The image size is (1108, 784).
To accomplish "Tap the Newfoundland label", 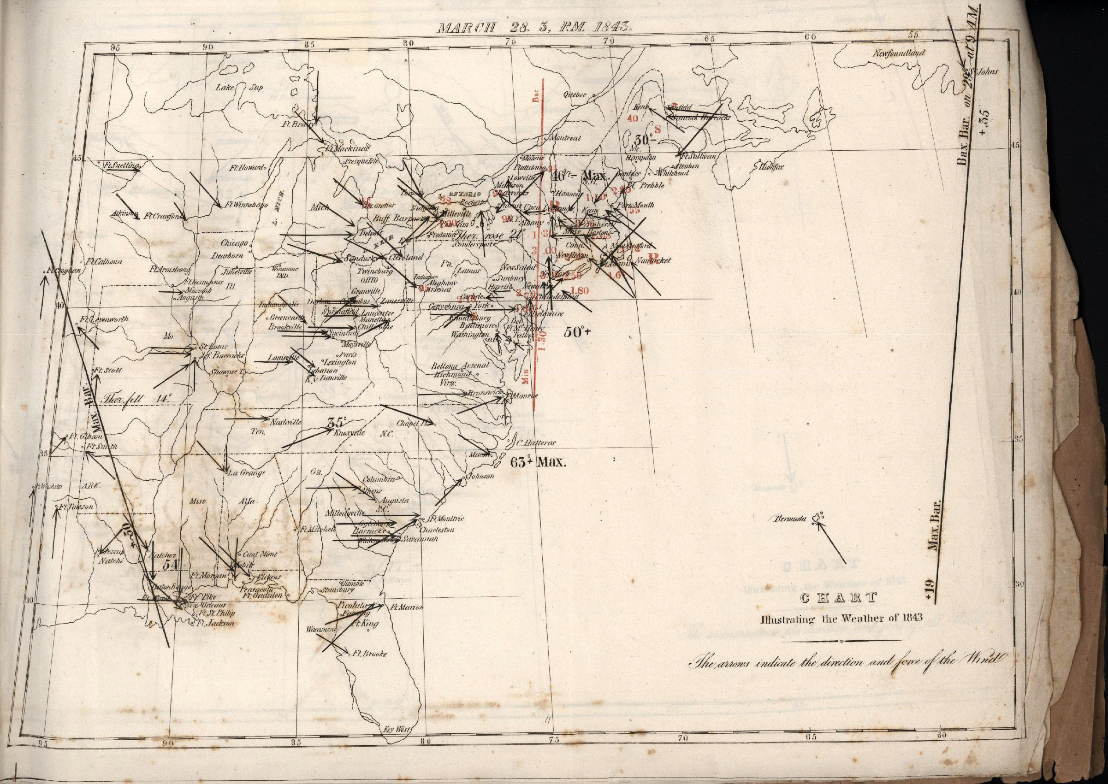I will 898,53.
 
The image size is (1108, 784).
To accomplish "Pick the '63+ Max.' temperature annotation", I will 538,462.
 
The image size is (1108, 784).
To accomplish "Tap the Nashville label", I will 286,422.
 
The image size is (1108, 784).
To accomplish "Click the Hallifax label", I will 771,167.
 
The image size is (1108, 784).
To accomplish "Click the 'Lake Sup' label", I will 238,88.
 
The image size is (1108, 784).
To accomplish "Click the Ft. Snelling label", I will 122,165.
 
